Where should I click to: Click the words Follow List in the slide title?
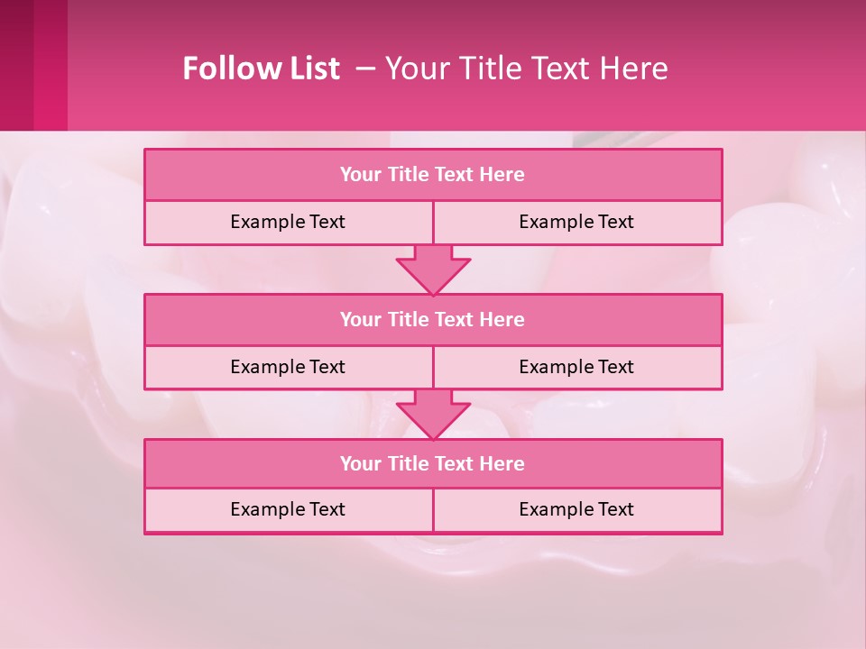pos(261,69)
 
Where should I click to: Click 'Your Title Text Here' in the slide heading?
pos(526,69)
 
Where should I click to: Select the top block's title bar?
pos(433,175)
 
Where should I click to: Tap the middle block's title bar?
pos(433,320)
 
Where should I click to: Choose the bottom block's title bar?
pos(433,464)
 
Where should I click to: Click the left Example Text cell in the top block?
pos(288,222)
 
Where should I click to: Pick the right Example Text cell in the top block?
pos(576,222)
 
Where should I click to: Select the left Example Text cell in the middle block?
pos(288,367)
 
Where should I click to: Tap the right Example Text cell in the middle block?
pos(576,367)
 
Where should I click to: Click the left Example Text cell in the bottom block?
pos(288,509)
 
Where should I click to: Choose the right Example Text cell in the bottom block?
pos(576,509)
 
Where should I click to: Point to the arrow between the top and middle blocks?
pos(433,270)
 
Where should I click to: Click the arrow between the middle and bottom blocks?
pos(433,415)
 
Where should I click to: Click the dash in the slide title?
pos(366,69)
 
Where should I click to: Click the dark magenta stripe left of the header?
pos(17,65)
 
